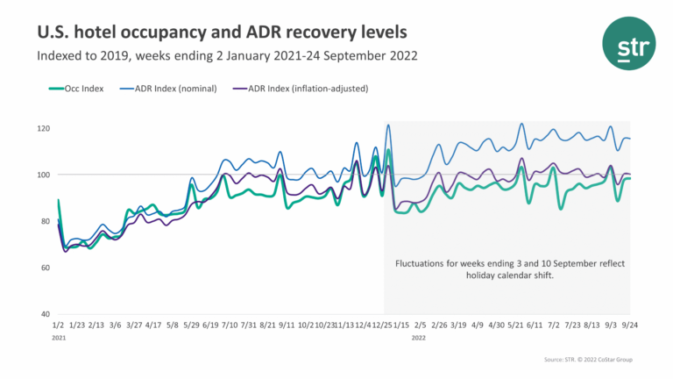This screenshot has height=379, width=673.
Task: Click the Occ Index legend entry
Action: (81, 89)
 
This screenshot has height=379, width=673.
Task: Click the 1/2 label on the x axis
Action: (59, 325)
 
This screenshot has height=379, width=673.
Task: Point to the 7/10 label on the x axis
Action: (230, 325)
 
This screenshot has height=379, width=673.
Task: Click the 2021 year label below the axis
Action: (60, 336)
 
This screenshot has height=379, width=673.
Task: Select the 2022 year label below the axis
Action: (420, 336)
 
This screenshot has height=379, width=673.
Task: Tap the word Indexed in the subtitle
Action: (60, 57)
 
